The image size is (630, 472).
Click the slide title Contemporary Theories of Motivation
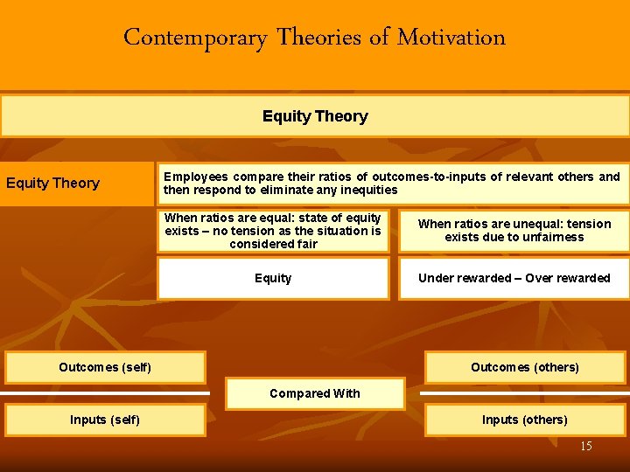point(314,38)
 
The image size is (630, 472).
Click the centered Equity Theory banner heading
point(315,116)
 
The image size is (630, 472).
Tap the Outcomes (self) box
point(105,367)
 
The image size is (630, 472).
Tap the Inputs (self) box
point(105,420)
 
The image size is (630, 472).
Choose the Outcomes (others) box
point(525,367)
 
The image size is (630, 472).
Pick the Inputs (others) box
point(525,420)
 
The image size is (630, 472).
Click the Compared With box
point(315,393)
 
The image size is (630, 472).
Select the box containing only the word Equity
point(273,278)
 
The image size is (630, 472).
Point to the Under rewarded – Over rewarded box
point(514,278)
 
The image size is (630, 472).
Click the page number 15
point(586,447)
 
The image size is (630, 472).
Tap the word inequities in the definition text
point(368,190)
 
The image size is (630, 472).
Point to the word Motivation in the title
point(451,38)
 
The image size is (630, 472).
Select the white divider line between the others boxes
point(525,393)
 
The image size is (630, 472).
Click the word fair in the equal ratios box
point(306,244)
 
